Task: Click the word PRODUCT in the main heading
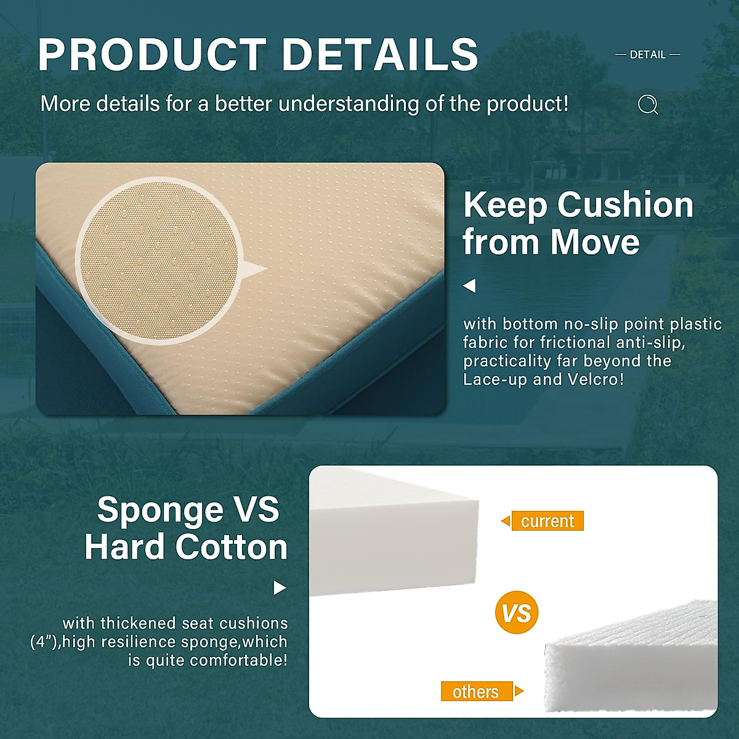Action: tap(152, 54)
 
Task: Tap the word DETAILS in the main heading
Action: tap(380, 54)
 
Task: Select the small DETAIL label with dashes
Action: tap(648, 55)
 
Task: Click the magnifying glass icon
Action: tap(648, 105)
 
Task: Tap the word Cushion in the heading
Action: tap(625, 206)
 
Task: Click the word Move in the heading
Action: tap(595, 242)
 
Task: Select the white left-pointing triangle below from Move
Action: tap(469, 286)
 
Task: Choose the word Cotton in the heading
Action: tap(232, 547)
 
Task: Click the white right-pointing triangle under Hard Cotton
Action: tap(280, 588)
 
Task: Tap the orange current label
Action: tap(547, 521)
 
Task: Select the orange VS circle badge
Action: tap(517, 612)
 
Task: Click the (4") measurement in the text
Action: tap(44, 642)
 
